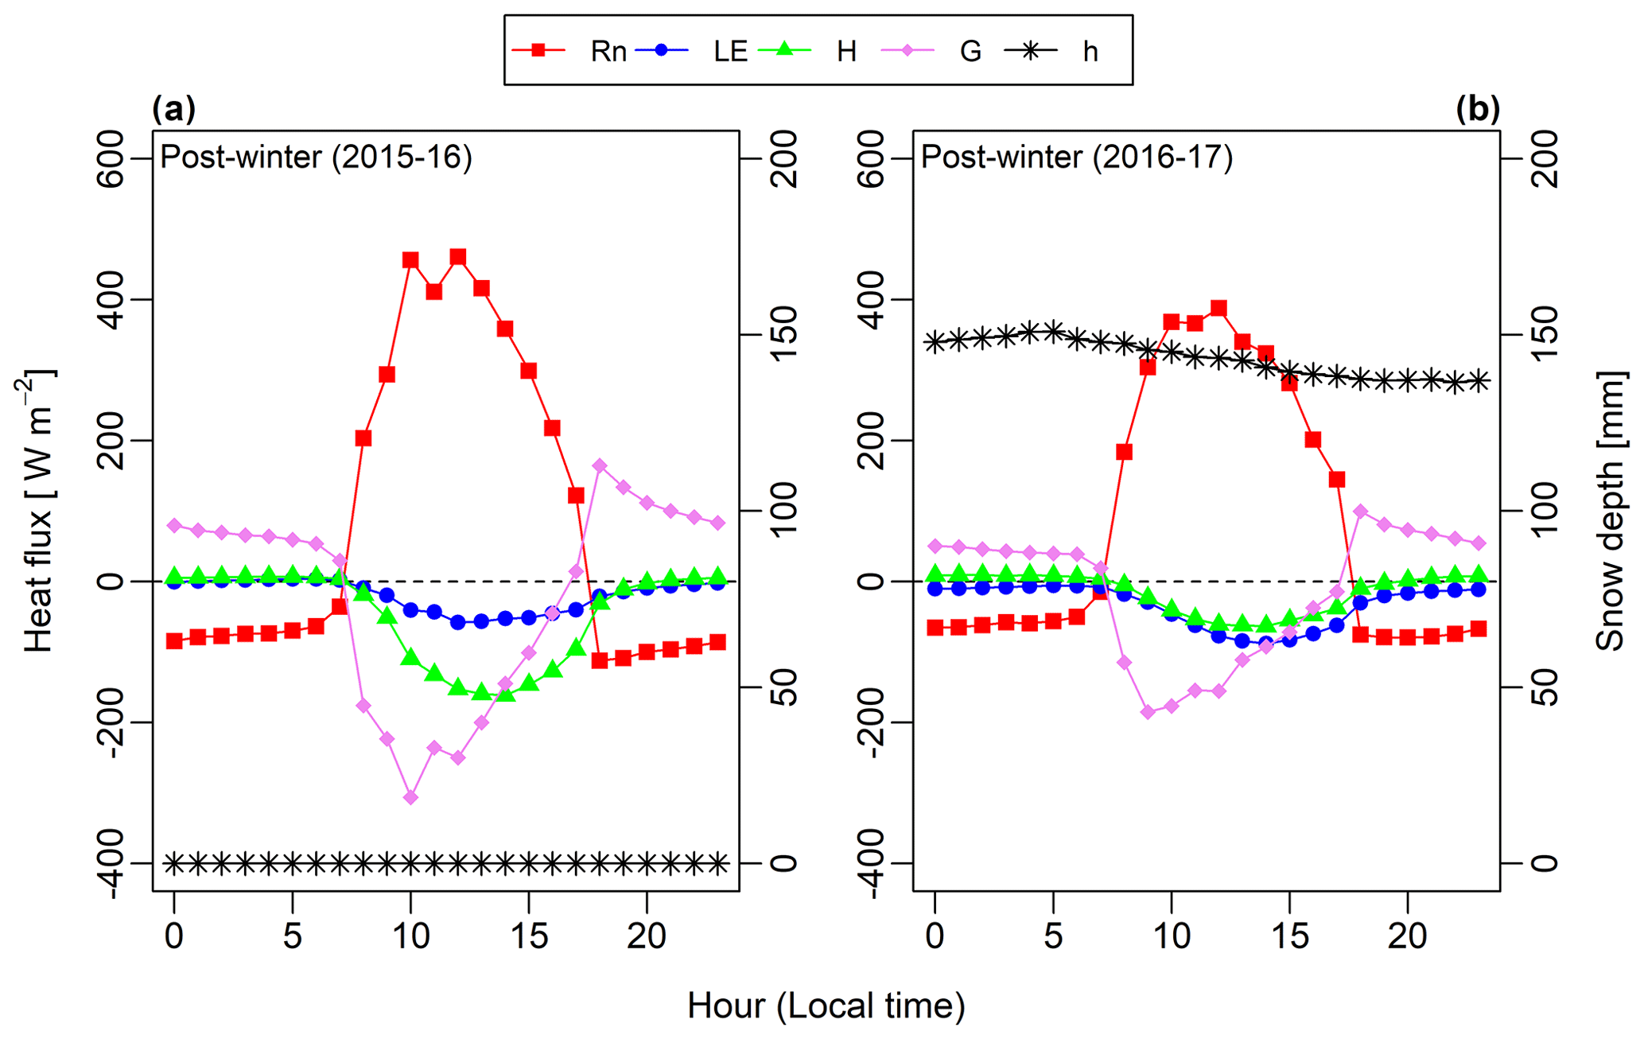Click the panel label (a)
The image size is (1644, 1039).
pyautogui.click(x=173, y=109)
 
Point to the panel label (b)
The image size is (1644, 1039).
pyautogui.click(x=1478, y=109)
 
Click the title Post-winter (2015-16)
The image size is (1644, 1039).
pyautogui.click(x=316, y=157)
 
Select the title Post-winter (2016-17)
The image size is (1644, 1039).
pyautogui.click(x=1076, y=157)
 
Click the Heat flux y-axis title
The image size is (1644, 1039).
pyautogui.click(x=37, y=510)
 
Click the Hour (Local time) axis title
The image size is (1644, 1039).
pyautogui.click(x=826, y=1006)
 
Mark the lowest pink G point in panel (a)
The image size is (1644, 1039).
pyautogui.click(x=410, y=797)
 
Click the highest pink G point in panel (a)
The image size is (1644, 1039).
pyautogui.click(x=600, y=465)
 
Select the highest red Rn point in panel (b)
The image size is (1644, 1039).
pyautogui.click(x=1218, y=309)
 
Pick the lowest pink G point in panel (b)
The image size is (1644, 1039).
pyautogui.click(x=1148, y=712)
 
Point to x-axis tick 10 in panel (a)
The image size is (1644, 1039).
pyautogui.click(x=410, y=936)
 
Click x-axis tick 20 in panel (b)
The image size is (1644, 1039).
pyautogui.click(x=1408, y=936)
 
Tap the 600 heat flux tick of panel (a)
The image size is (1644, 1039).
pyautogui.click(x=111, y=158)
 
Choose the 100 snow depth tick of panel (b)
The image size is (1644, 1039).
pyautogui.click(x=1545, y=511)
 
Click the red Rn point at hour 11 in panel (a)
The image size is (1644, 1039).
pyautogui.click(x=434, y=292)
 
